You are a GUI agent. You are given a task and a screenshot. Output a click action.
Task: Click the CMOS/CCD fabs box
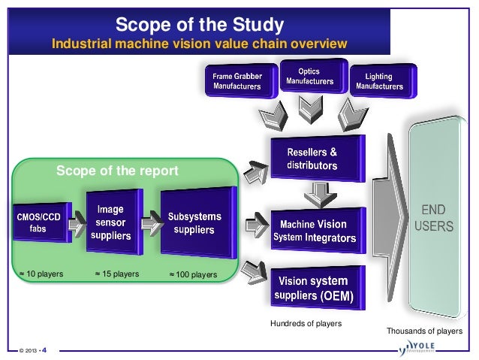tap(36, 222)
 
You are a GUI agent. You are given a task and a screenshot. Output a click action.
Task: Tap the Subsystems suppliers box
tap(194, 222)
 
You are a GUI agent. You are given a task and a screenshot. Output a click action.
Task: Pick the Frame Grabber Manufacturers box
tap(236, 81)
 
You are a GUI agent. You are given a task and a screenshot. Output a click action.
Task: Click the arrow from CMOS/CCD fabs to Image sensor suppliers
tap(74, 223)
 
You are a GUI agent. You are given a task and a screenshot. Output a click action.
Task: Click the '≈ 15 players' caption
tap(116, 274)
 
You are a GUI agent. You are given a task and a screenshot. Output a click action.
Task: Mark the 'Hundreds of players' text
tap(305, 323)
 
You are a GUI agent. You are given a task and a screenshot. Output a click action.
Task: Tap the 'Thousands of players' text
tap(424, 331)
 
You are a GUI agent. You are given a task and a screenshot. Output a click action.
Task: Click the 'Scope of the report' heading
tap(118, 172)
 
